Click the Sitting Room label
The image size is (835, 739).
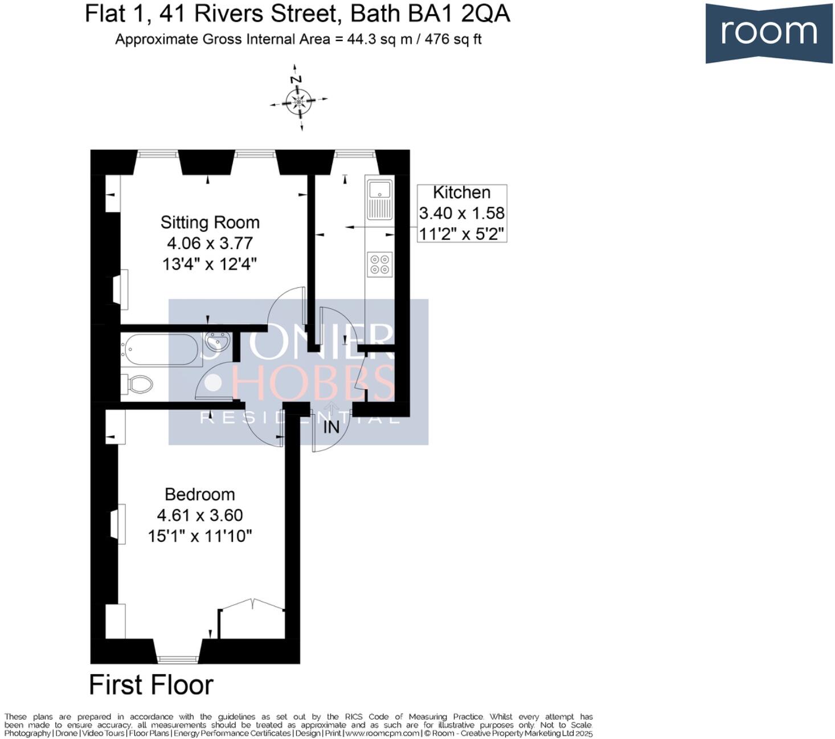click(210, 222)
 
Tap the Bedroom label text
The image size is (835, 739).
click(199, 494)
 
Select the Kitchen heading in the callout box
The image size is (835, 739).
click(461, 193)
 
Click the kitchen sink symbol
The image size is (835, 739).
click(379, 199)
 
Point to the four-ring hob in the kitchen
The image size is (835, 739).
click(380, 264)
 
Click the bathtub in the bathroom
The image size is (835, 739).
click(160, 349)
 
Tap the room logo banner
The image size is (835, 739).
click(768, 32)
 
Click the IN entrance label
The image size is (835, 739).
click(331, 427)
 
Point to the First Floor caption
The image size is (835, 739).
click(151, 684)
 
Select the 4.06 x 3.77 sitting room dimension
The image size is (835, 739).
click(210, 243)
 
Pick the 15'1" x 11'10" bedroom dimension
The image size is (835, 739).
click(200, 536)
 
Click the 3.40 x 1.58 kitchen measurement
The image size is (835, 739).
click(462, 213)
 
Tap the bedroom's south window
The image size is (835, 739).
click(177, 659)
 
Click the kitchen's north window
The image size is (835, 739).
click(354, 153)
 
